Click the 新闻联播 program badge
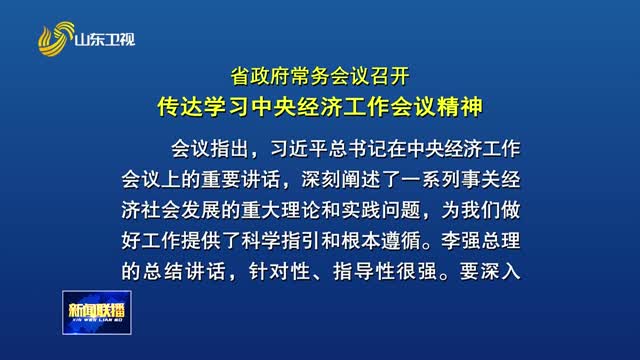[x=96, y=308]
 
